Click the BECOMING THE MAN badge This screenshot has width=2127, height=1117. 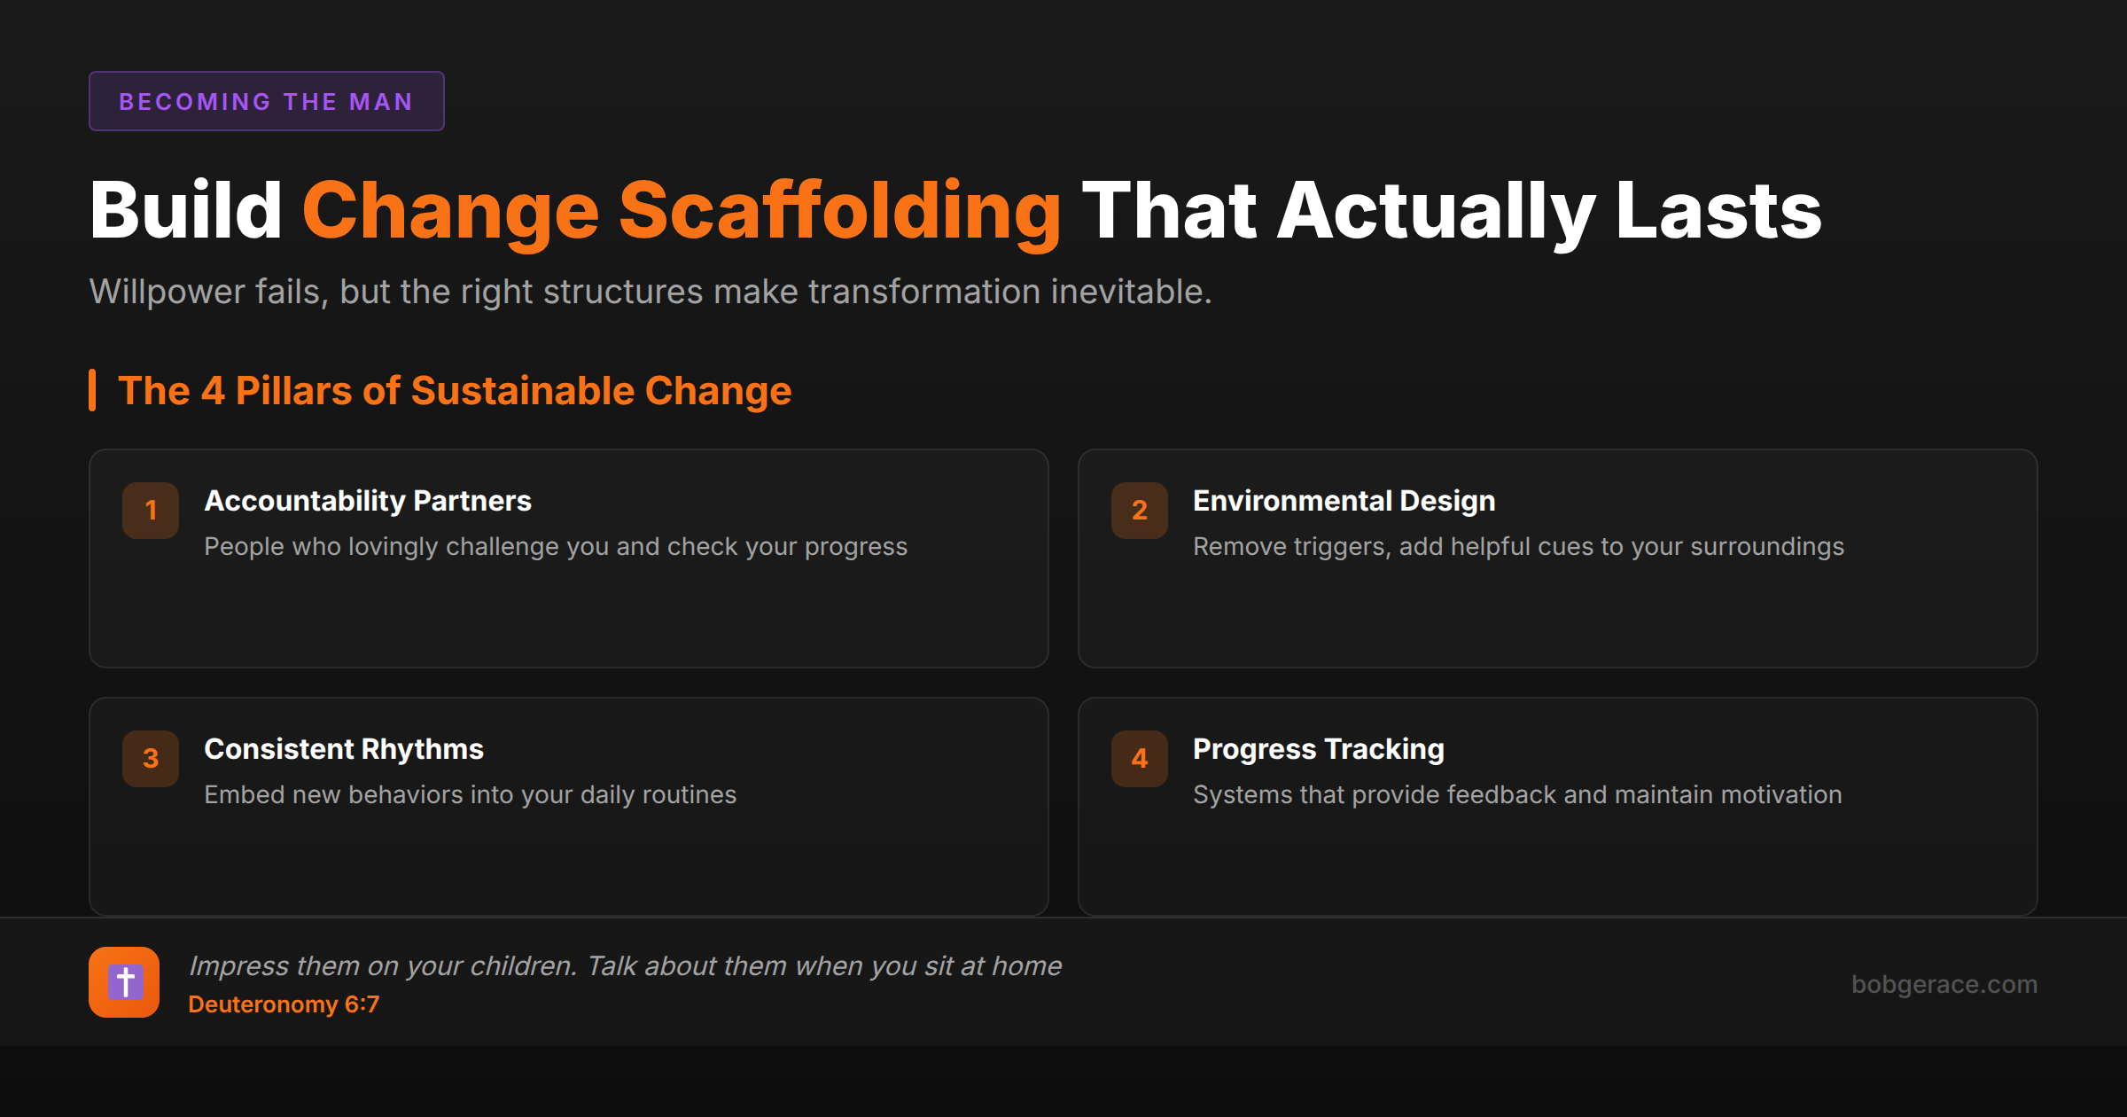point(266,101)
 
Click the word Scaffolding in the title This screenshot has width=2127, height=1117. point(839,213)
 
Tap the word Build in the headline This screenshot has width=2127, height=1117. point(186,211)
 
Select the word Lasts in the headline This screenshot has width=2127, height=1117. point(1718,211)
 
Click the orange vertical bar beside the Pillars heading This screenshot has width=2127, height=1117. point(92,390)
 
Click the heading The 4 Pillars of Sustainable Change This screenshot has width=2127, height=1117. point(455,391)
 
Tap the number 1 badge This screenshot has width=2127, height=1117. point(151,510)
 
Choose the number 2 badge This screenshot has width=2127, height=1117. point(1140,510)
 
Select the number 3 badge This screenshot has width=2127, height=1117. point(151,758)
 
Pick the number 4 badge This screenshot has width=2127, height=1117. point(1140,758)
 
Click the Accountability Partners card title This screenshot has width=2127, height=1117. point(368,502)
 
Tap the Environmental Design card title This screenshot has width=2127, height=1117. point(1344,502)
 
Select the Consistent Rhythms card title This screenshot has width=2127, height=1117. point(344,750)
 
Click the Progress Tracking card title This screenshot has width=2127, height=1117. point(1319,750)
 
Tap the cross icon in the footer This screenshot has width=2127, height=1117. point(124,982)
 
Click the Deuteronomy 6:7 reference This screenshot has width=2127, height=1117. point(284,1004)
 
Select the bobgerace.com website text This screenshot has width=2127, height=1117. point(1944,985)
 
